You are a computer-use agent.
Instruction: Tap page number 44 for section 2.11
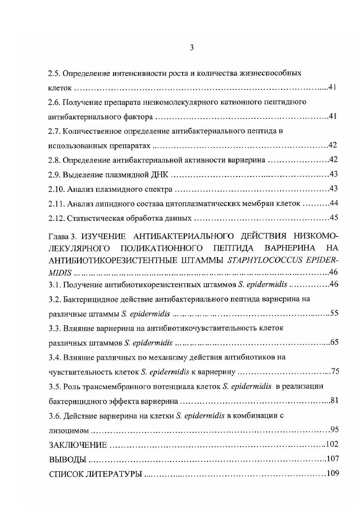point(334,203)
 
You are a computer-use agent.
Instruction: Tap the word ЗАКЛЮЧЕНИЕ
point(78,444)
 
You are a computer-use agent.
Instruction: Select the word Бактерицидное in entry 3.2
point(87,299)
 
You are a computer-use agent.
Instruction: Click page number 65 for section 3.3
point(334,342)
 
